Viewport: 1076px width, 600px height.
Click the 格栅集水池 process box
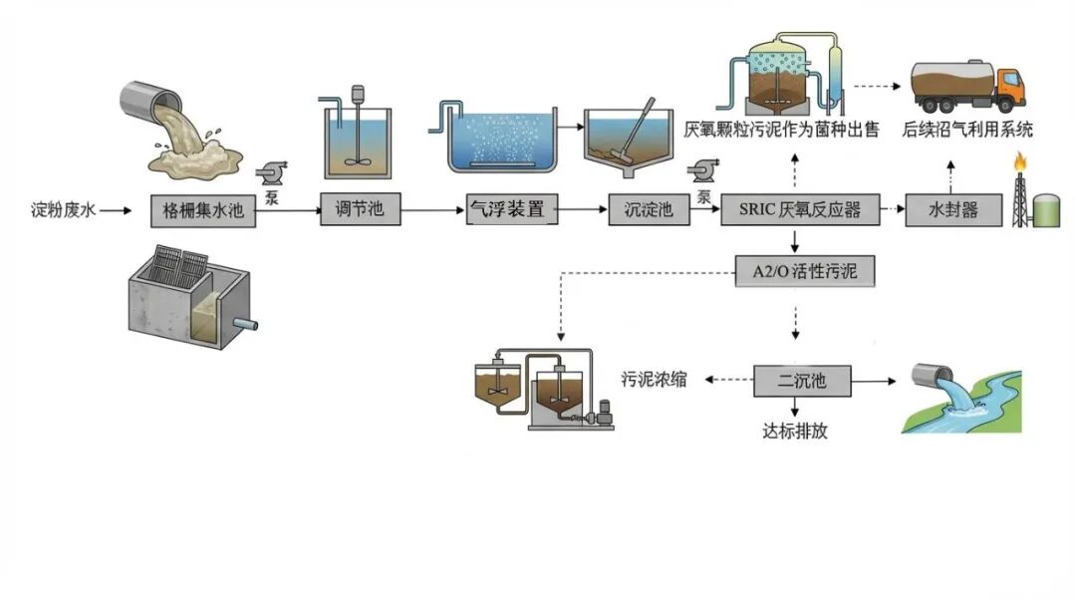tap(204, 210)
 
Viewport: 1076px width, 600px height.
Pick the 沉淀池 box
tap(649, 210)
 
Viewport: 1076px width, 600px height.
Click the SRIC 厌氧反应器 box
tap(802, 210)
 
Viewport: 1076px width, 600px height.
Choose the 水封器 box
tap(953, 210)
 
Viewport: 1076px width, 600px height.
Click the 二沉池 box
tap(801, 380)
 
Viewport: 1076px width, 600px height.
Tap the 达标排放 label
tap(794, 432)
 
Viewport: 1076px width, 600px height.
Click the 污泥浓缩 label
tap(654, 380)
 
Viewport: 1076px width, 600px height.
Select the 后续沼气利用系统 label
tap(966, 130)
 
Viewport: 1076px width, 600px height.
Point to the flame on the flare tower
tap(1019, 160)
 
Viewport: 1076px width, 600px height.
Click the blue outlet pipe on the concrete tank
tap(245, 325)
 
